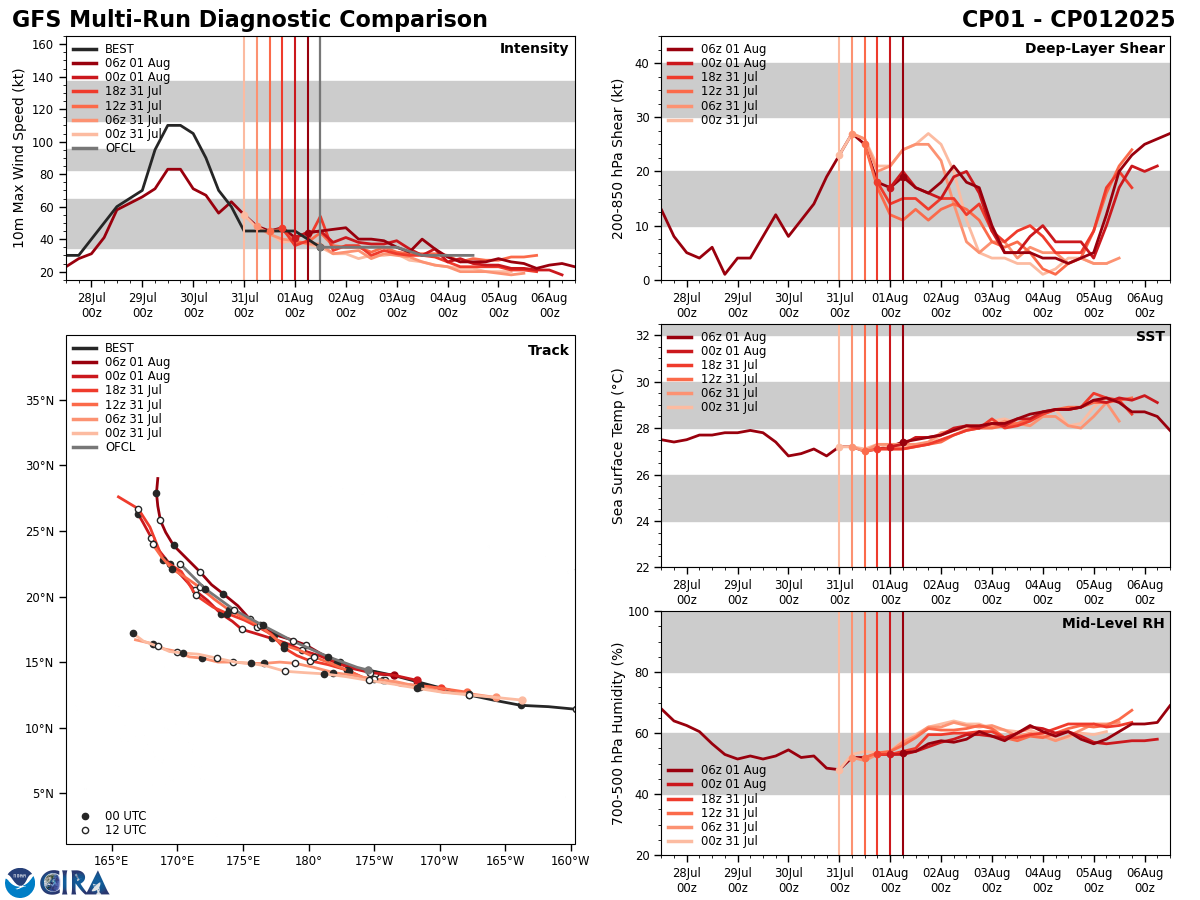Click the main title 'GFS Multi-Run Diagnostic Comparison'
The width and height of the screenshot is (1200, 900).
(250, 20)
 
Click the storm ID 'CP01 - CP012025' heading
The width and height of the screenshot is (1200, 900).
(1068, 20)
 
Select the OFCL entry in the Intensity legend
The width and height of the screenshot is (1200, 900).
(119, 148)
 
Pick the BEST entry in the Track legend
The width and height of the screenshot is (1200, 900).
(119, 349)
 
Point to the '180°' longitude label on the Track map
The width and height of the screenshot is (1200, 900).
(308, 862)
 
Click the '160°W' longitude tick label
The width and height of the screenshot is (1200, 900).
(571, 862)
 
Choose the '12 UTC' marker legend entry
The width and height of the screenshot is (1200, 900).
(125, 830)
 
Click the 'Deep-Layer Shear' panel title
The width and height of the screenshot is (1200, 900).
(1094, 49)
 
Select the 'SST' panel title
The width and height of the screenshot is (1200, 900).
(1150, 337)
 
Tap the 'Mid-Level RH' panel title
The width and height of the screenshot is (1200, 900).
(1113, 624)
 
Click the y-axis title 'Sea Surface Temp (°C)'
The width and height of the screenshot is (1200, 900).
(619, 446)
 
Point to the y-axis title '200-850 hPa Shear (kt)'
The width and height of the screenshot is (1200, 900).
(619, 158)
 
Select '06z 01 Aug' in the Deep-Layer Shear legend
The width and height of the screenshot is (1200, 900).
(734, 49)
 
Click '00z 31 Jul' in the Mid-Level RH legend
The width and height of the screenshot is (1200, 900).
(734, 841)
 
